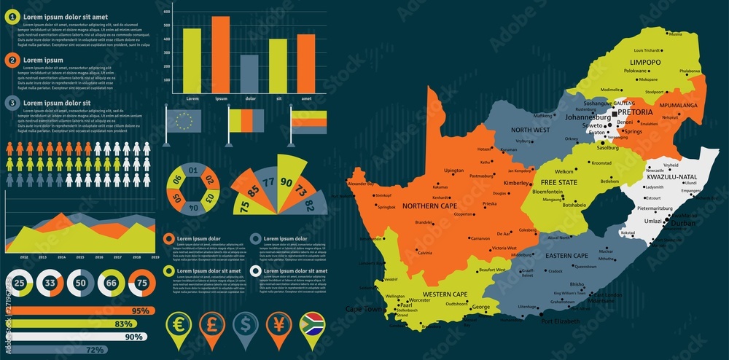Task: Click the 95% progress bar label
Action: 140,311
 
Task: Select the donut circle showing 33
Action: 50,283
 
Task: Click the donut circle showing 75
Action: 141,283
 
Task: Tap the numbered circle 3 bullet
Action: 12,103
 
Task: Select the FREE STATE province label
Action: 558,181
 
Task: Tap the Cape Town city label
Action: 364,309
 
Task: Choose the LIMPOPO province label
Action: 645,63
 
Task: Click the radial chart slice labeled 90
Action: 286,183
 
